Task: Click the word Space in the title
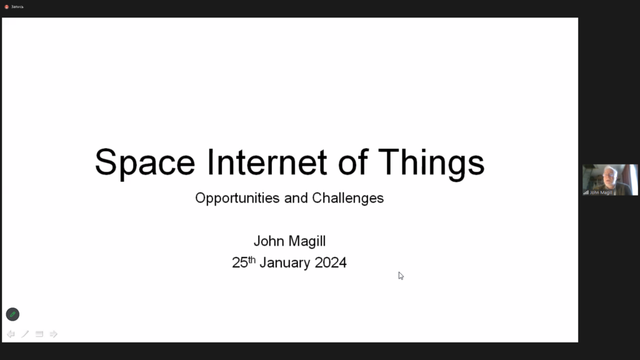(145, 162)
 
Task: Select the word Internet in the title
(267, 162)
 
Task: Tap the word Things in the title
(431, 162)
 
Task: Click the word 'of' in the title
(353, 162)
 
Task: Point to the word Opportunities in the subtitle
(237, 198)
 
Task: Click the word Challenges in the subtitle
(347, 198)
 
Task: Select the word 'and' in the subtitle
(296, 198)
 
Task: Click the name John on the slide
(269, 241)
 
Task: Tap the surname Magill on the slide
(307, 241)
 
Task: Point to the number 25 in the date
(239, 262)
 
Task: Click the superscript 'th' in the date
(252, 259)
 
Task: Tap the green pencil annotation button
(12, 314)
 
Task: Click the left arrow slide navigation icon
(11, 334)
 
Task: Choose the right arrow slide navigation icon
(54, 334)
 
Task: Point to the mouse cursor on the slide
(401, 276)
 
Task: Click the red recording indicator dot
(6, 7)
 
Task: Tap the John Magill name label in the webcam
(601, 192)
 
